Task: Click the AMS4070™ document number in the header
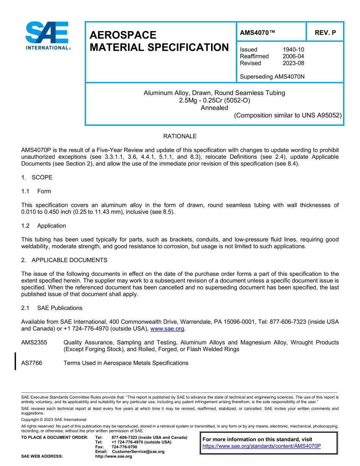[x=257, y=33]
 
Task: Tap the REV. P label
[x=325, y=33]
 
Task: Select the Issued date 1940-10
[x=293, y=50]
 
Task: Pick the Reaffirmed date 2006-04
[x=293, y=56]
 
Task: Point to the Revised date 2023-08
[x=293, y=63]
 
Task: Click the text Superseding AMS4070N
[x=272, y=77]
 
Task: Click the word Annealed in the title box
[x=214, y=108]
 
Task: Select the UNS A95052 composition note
[x=288, y=116]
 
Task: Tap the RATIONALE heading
[x=180, y=136]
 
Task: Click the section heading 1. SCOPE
[x=37, y=178]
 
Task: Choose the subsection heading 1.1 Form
[x=36, y=191]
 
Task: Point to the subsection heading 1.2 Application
[x=44, y=226]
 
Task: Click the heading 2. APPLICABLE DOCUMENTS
[x=64, y=260]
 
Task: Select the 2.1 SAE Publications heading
[x=52, y=308]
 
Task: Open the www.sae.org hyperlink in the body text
[x=167, y=329]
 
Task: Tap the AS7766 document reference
[x=32, y=363]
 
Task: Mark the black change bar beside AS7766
[x=15, y=361]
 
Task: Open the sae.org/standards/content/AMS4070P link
[x=261, y=446]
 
